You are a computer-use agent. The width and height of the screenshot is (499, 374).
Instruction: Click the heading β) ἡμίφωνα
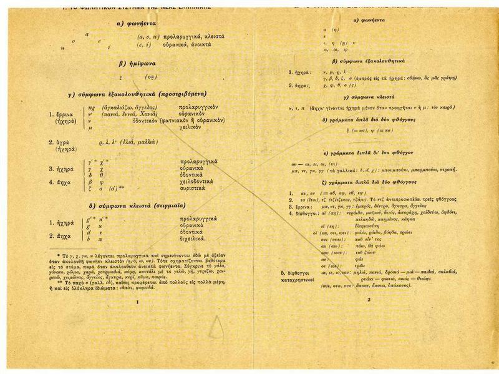[x=131, y=64]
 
